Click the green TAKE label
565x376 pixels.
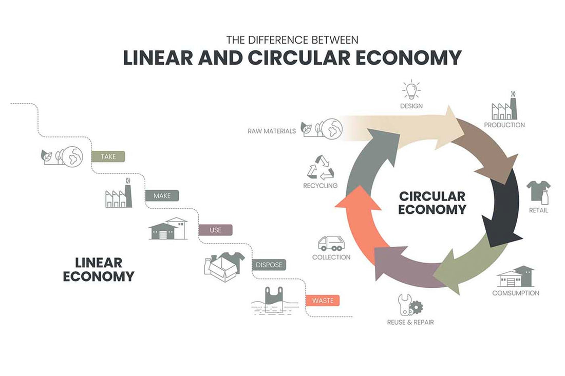click(x=108, y=156)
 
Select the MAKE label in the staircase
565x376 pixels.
click(x=162, y=195)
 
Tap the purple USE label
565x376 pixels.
click(x=215, y=230)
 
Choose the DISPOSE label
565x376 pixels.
click(x=268, y=265)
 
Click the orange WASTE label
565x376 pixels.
click(x=323, y=301)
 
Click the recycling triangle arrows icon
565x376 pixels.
click(x=320, y=168)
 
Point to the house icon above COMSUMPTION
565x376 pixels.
click(x=516, y=277)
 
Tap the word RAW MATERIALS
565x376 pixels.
click(x=272, y=131)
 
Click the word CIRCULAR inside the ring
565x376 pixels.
click(x=432, y=196)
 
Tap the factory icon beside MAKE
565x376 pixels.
click(x=119, y=194)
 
